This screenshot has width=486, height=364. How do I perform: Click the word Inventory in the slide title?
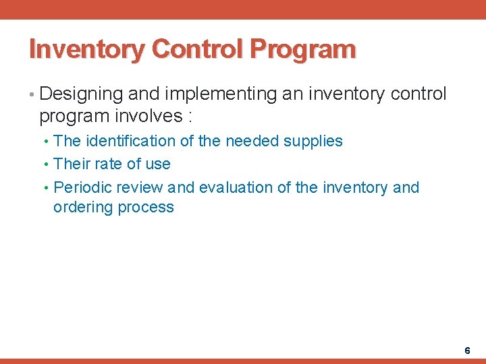pos(88,50)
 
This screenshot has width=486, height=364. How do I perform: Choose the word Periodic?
pos(82,187)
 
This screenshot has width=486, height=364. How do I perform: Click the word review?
pos(140,187)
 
